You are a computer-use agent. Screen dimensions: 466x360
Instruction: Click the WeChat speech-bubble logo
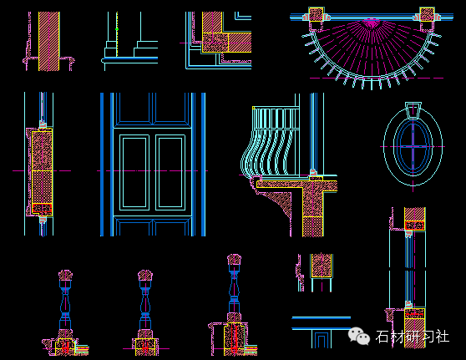pos(359,337)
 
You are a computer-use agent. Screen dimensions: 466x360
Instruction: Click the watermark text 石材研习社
pos(413,337)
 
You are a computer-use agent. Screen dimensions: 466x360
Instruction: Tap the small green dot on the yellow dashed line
pos(117,29)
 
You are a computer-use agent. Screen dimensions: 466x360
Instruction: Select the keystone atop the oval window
pos(413,110)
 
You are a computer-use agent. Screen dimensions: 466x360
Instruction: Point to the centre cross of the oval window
pos(413,146)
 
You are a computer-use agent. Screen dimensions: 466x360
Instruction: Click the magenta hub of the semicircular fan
pos(370,23)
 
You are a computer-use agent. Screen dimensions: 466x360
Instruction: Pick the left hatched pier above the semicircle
pos(316,14)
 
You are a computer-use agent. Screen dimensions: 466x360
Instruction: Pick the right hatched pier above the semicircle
pos(427,14)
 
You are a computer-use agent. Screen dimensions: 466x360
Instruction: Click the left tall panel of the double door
pos(134,172)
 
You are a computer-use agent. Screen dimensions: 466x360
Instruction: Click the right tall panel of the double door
pos(170,172)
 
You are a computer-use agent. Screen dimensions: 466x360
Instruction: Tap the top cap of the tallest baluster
pos(234,260)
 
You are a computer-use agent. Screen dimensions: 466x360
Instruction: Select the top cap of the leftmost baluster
pos(65,276)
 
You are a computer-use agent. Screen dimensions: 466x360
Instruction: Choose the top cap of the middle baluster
pos(145,276)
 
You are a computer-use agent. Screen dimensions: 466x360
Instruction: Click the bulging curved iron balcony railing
pos(269,142)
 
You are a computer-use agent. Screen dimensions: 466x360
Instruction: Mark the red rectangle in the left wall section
pos(43,208)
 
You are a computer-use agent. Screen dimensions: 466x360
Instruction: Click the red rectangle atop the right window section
pos(414,226)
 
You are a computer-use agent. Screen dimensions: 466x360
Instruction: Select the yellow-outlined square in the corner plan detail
pos(215,43)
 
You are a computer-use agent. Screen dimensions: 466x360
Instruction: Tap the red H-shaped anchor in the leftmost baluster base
pos(65,347)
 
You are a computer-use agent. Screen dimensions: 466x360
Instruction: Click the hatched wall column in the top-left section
pos(49,41)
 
